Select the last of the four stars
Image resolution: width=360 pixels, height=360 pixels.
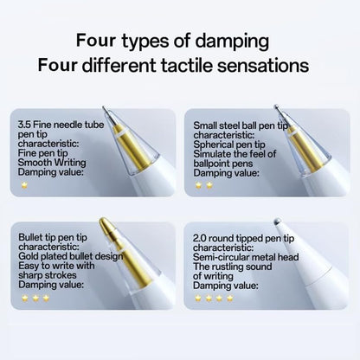229,298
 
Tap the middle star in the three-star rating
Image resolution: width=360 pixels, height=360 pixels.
35,298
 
